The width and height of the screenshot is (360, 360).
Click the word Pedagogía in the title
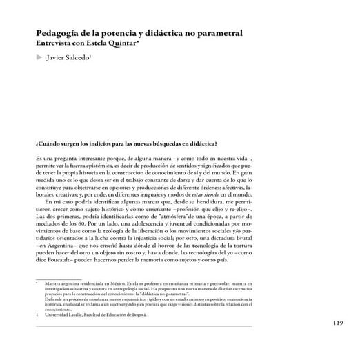(x=61, y=32)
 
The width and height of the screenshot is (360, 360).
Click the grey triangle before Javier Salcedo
(x=38, y=59)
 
